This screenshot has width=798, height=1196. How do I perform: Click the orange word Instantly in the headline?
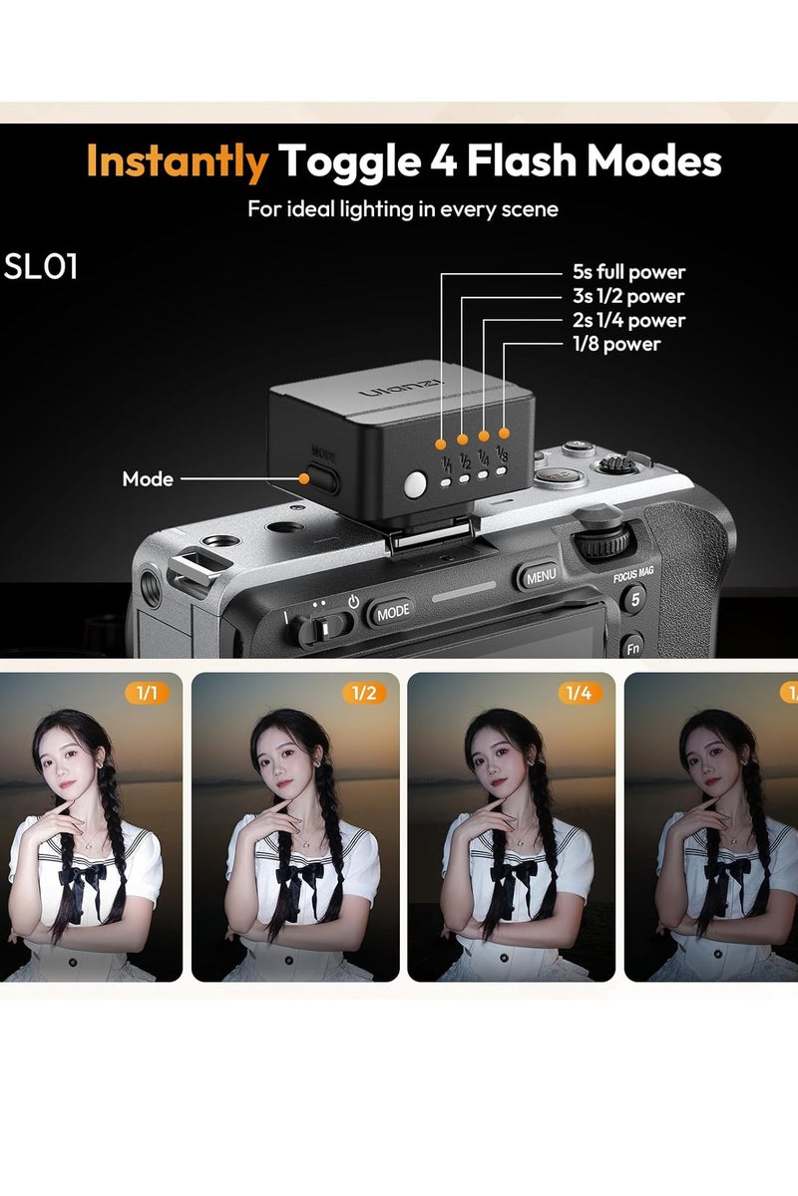point(177,161)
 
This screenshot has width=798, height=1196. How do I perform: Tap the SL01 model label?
point(41,267)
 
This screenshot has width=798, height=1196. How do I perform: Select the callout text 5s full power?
point(628,272)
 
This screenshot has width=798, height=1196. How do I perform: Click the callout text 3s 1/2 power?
point(628,296)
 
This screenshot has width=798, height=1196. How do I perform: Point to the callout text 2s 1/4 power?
point(628,320)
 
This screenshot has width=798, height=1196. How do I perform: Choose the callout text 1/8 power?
point(615,344)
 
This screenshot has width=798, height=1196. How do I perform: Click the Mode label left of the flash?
point(148,479)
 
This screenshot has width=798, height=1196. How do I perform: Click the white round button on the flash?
point(415,483)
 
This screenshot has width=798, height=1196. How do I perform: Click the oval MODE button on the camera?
point(392,611)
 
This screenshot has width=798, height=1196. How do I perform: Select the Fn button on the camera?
point(632,648)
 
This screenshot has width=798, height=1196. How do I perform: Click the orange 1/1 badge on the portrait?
point(147,693)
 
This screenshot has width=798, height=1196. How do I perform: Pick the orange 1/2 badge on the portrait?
point(363,693)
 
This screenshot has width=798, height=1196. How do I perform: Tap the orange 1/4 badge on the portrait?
point(580,693)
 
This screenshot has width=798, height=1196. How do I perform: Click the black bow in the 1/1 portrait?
point(83,877)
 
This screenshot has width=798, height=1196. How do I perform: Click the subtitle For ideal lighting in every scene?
point(403,209)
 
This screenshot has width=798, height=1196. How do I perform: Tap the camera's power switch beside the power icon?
point(322,628)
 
